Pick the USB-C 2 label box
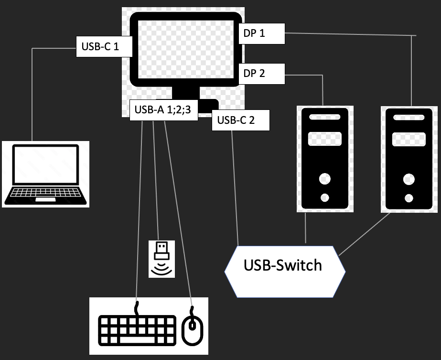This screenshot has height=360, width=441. tap(241, 120)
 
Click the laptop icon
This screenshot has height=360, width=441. tap(45, 174)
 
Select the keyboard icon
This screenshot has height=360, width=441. tap(136, 329)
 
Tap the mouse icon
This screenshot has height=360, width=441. tap(193, 328)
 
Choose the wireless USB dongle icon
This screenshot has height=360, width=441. tap(162, 258)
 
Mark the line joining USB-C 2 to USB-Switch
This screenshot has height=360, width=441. tap(234, 186)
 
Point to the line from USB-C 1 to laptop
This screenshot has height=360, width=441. tap(32, 96)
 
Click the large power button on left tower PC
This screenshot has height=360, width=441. tap(325, 180)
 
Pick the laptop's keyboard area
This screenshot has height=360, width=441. tap(45, 194)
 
